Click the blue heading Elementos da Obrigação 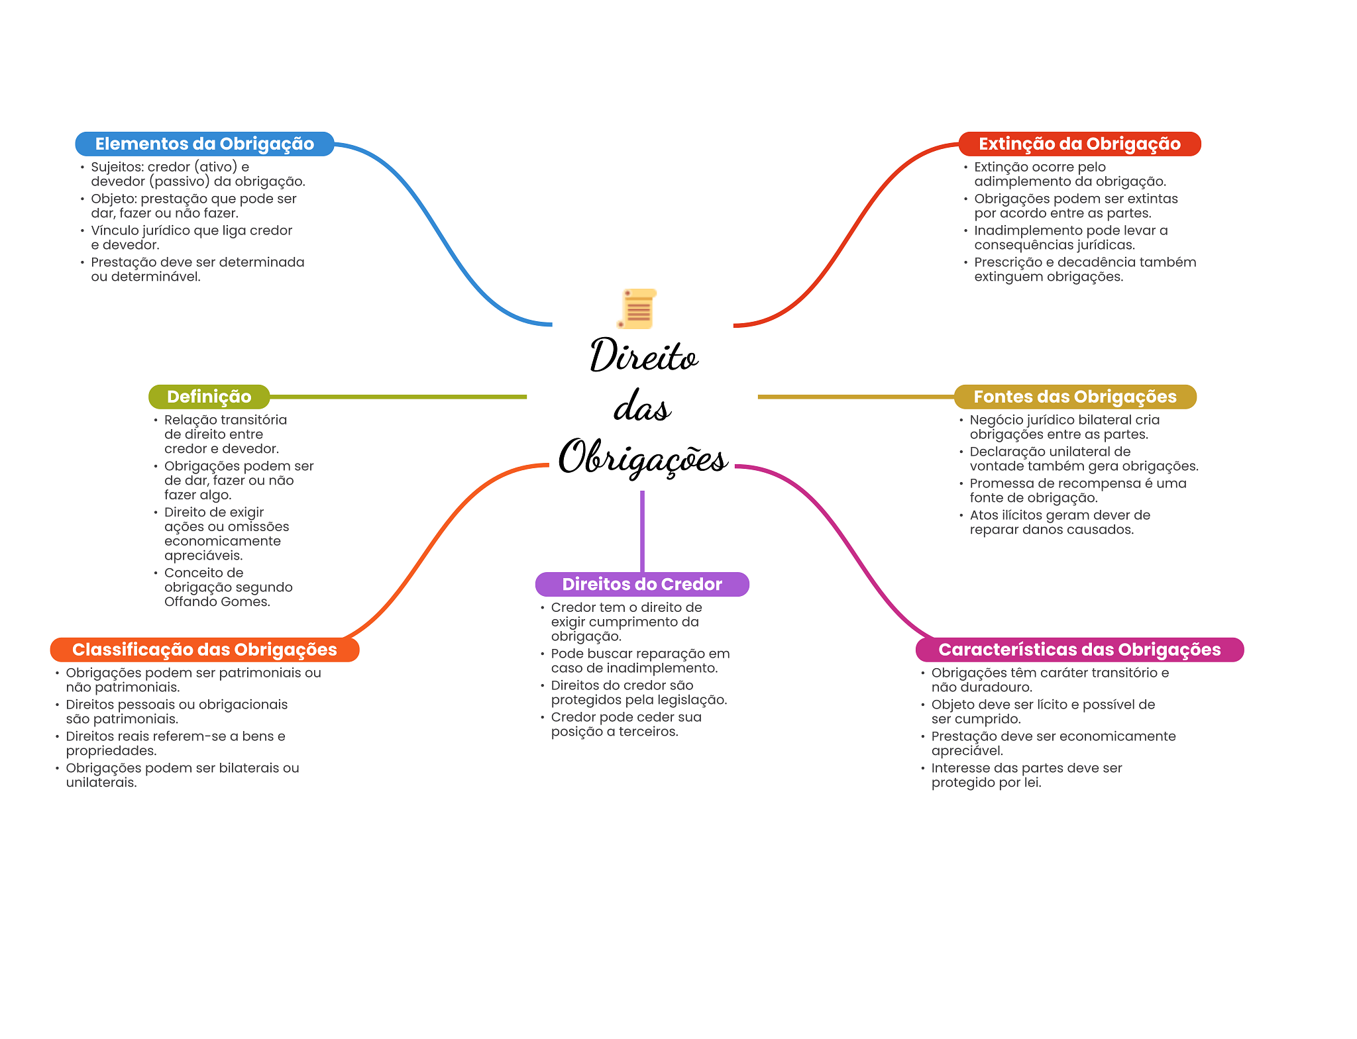tap(204, 144)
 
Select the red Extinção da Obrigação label tap(1079, 144)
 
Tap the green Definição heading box tap(209, 397)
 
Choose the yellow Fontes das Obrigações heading tap(1075, 397)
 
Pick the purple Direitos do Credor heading tap(642, 584)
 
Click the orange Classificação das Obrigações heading tap(204, 650)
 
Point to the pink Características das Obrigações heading tap(1079, 650)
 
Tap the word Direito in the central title tap(643, 356)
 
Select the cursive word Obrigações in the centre tap(642, 458)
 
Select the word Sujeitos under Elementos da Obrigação tap(117, 167)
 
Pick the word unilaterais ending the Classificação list tap(101, 783)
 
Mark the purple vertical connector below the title tap(642, 530)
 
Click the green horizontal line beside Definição tap(398, 397)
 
